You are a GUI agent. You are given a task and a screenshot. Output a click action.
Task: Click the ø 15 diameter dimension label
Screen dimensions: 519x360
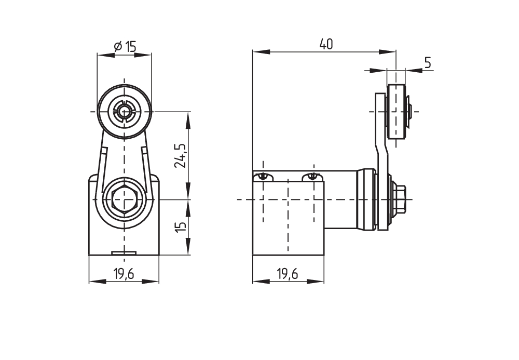[125, 47]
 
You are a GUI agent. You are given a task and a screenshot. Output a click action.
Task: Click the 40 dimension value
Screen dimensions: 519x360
[326, 44]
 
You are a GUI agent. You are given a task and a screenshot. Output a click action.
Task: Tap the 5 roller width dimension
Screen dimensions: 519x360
[428, 62]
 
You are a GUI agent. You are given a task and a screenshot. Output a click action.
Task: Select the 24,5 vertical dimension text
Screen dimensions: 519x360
[181, 156]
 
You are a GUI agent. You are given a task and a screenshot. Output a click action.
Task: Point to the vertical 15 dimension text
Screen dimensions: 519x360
[181, 227]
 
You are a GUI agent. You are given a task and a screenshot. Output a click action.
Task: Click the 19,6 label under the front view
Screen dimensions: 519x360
[124, 274]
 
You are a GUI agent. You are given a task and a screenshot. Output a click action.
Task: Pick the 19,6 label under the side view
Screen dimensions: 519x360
[288, 274]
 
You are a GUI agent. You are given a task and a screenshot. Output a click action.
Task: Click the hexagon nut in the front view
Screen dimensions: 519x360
[124, 199]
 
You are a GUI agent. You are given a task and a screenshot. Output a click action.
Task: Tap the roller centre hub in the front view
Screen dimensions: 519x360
[124, 111]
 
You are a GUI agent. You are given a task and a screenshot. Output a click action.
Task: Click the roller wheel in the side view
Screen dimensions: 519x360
[396, 111]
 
